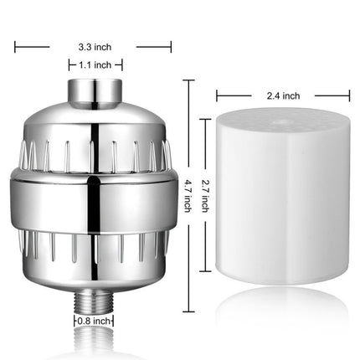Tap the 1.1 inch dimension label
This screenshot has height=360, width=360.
point(95,64)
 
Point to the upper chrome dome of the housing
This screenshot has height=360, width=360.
point(95,134)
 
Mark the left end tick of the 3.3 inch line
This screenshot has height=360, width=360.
point(15,47)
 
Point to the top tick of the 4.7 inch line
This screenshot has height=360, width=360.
point(189,80)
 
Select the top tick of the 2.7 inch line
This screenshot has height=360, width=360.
point(207,120)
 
